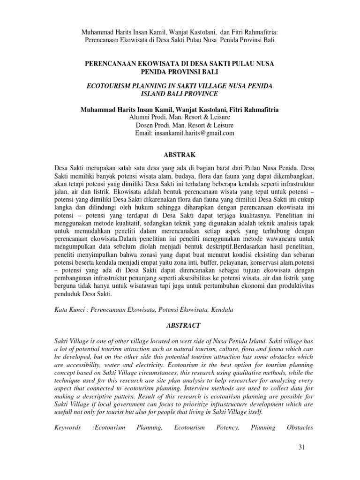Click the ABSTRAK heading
click(x=180, y=154)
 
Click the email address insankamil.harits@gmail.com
click(x=184, y=133)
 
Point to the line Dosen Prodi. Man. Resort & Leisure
click(x=184, y=125)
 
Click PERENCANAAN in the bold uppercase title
click(x=109, y=63)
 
